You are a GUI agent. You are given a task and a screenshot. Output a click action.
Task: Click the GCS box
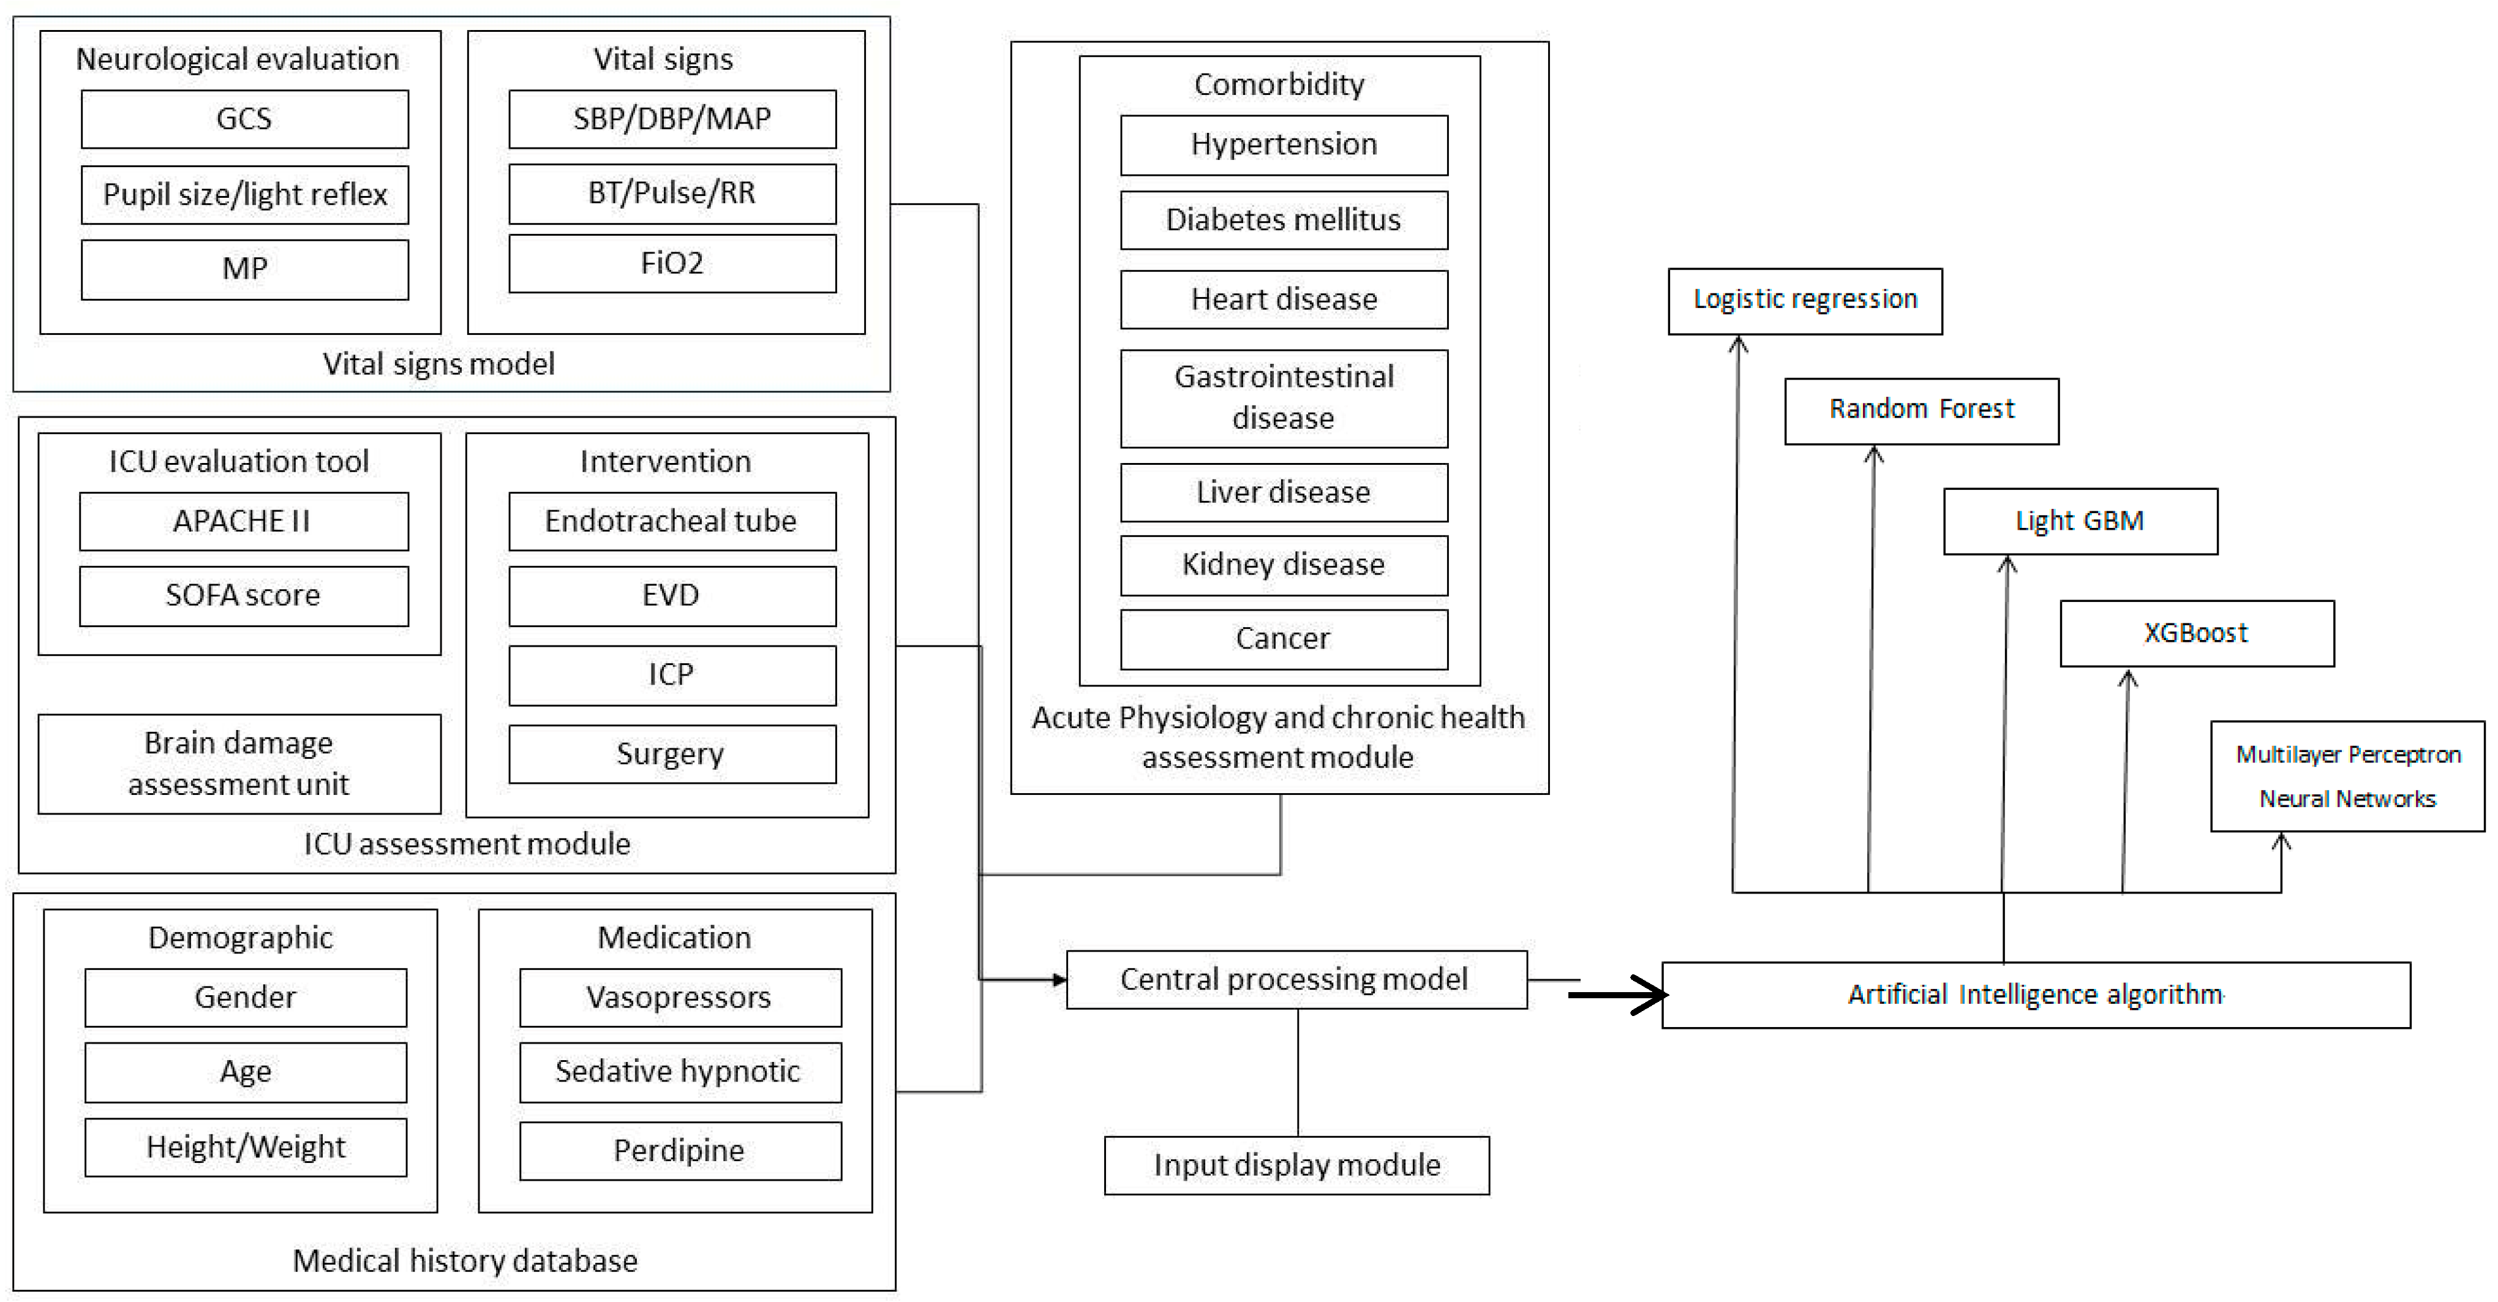[x=244, y=119]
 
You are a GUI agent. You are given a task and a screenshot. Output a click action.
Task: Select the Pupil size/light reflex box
[x=244, y=195]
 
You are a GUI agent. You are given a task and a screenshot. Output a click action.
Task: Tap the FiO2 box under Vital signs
[x=672, y=264]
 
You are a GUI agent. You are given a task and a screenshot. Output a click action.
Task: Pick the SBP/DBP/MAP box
[x=672, y=119]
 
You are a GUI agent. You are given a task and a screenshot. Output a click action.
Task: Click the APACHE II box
[x=243, y=522]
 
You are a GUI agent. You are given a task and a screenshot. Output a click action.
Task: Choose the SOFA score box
[x=243, y=595]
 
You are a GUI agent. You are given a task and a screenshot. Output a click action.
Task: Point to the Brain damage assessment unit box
[x=239, y=764]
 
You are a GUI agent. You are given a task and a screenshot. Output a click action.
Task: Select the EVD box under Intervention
[x=672, y=595]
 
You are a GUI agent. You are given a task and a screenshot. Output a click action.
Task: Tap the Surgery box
[x=672, y=754]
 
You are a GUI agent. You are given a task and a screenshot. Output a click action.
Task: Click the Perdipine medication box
[x=680, y=1151]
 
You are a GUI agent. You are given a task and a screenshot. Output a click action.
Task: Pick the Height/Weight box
[x=246, y=1147]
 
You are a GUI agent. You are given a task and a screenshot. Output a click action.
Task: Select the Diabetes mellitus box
[x=1284, y=220]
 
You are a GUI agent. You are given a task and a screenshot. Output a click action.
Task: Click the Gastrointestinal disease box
[x=1284, y=397]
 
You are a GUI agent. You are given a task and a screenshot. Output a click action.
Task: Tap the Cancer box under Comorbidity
[x=1284, y=639]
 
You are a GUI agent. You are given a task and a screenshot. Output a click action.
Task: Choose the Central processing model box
[x=1296, y=979]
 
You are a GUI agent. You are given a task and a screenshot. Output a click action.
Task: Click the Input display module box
[x=1296, y=1165]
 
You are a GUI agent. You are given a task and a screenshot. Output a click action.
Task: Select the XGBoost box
[x=2197, y=633]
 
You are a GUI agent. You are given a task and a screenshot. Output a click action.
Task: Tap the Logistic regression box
[x=1805, y=301]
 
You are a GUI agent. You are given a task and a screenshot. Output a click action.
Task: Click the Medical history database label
[x=465, y=1260]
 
